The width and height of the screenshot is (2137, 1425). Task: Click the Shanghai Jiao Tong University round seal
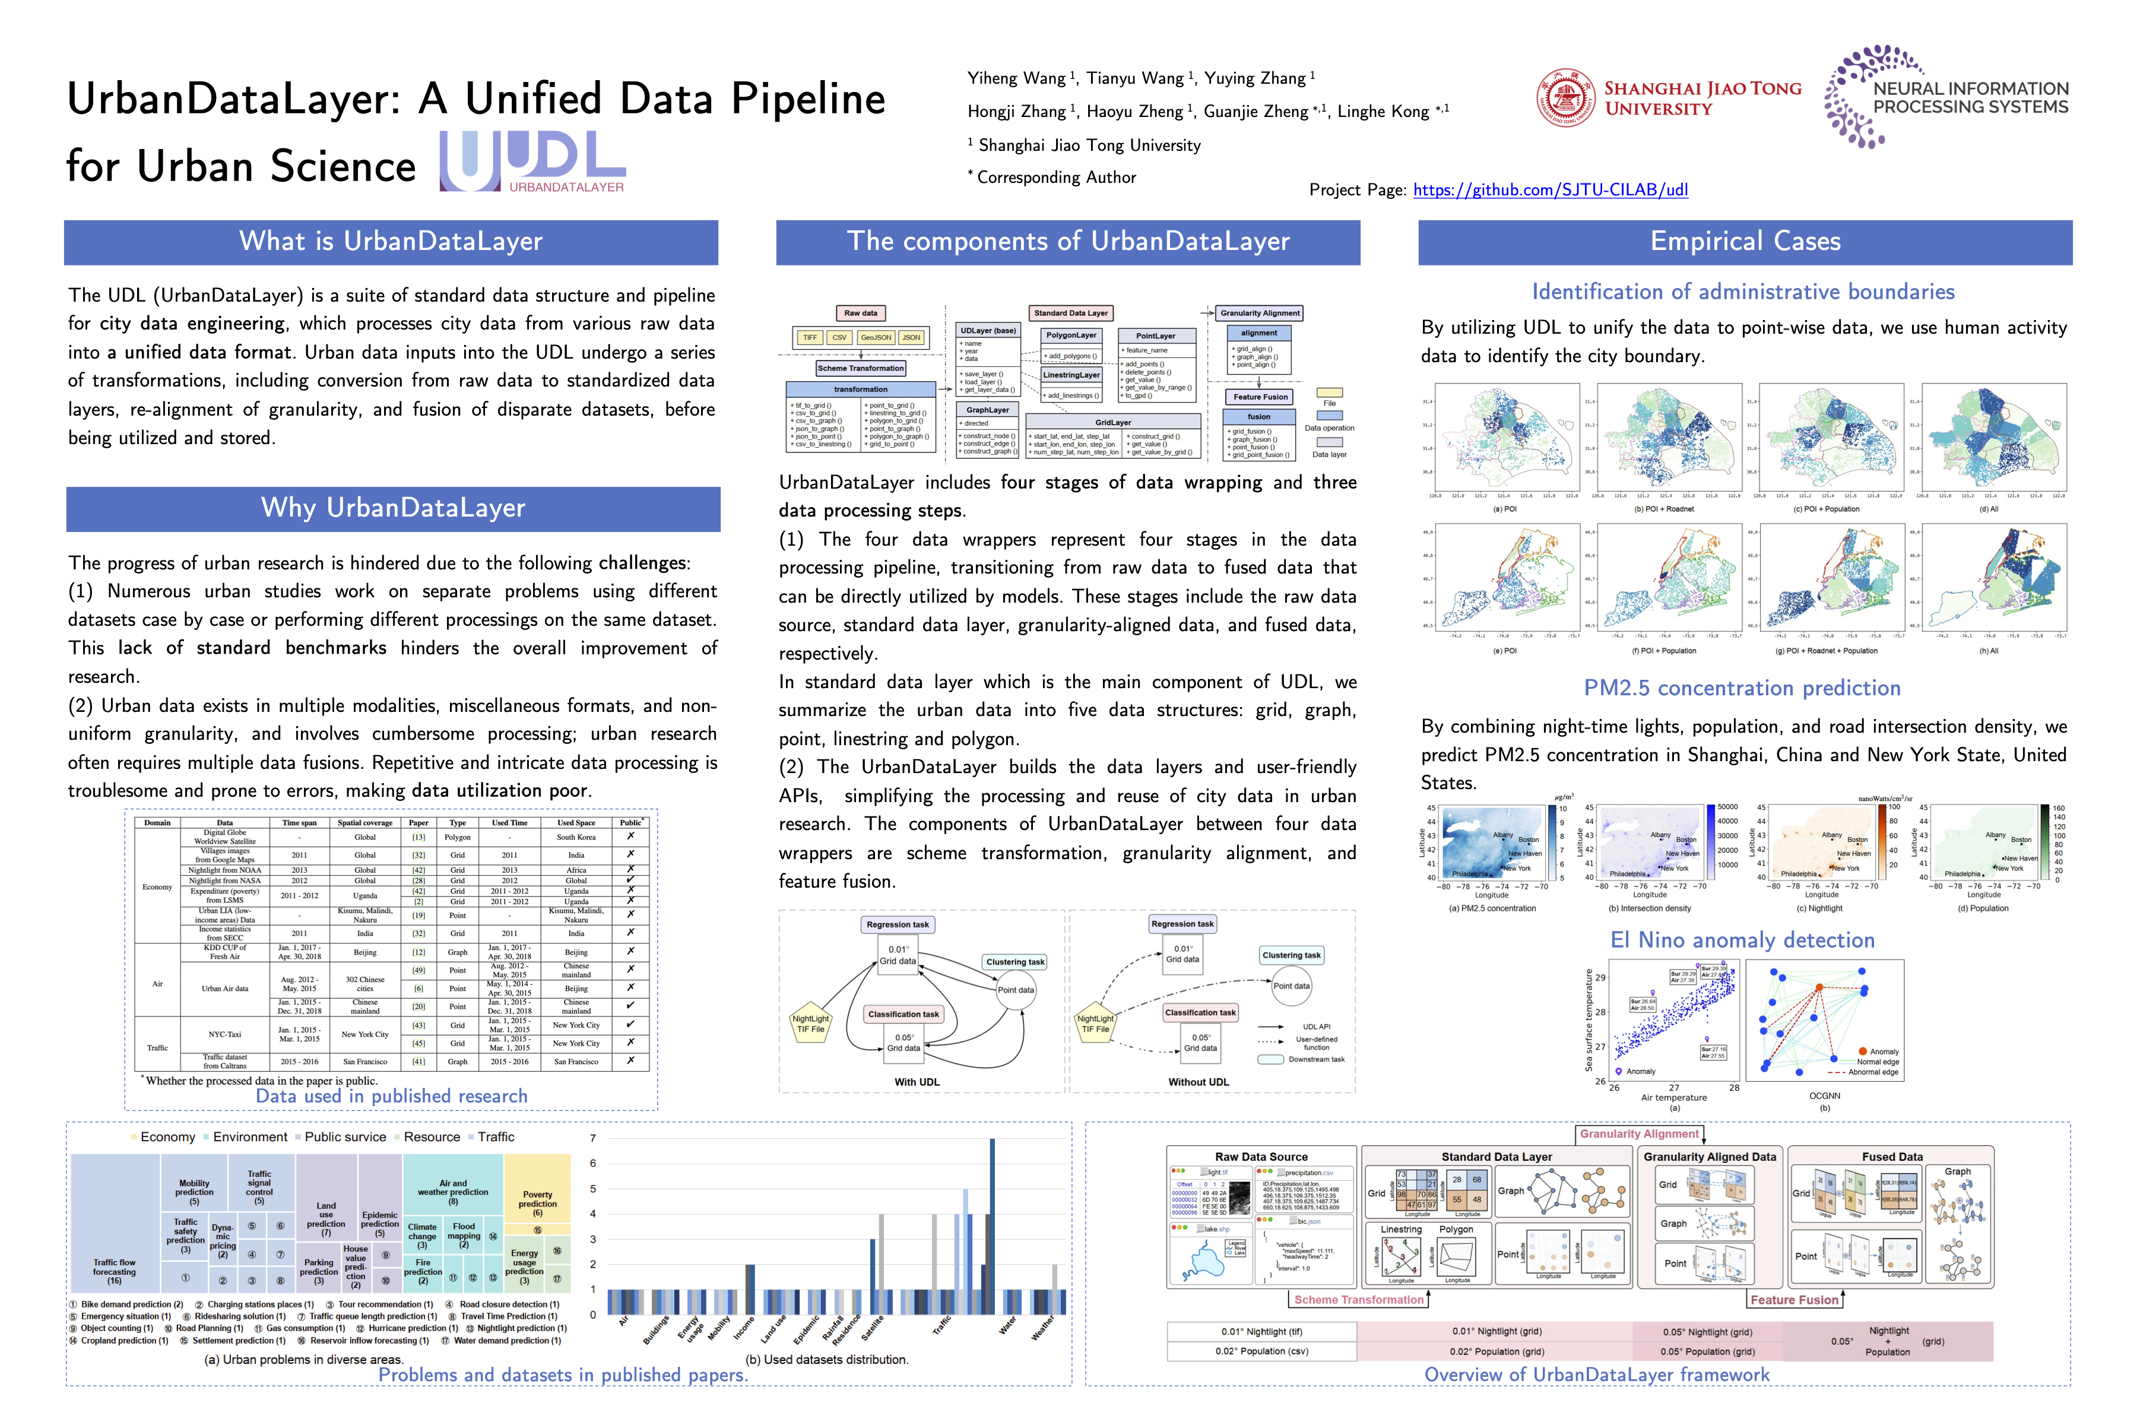tap(1565, 98)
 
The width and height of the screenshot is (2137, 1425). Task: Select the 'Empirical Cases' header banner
tap(1745, 242)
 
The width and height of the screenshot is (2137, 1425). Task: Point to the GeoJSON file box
tap(876, 338)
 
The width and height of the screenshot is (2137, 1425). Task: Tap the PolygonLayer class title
tap(1071, 335)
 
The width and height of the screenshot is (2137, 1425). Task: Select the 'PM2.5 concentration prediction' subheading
tap(1742, 688)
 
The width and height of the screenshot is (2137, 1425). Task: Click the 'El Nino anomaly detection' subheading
tap(1742, 940)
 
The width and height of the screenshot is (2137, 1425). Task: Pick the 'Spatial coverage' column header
tap(364, 822)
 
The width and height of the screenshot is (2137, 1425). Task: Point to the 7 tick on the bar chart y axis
tap(593, 1138)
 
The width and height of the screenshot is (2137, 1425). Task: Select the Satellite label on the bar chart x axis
tap(872, 1329)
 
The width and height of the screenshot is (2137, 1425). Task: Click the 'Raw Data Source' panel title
tap(1261, 1157)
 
